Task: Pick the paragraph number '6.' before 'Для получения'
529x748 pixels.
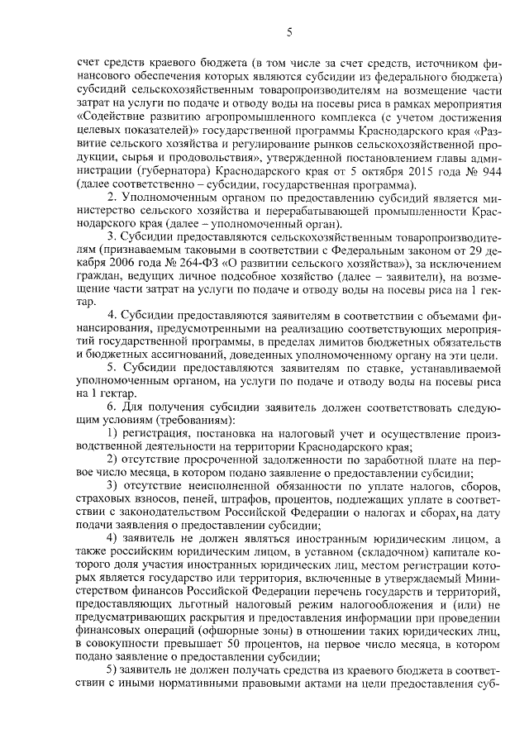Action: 112,407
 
